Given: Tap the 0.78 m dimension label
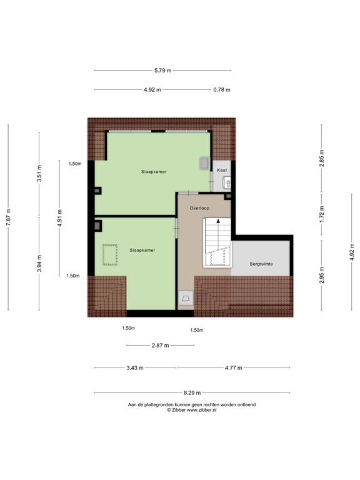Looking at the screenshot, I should click(221, 90).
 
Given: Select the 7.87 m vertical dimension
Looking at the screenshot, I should click(9, 218).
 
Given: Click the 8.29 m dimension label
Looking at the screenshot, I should click(192, 393).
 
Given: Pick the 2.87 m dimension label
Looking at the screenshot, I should click(161, 345).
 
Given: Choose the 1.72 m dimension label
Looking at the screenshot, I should click(322, 214).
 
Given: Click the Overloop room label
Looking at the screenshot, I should click(200, 207).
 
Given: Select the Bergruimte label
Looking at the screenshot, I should click(261, 264).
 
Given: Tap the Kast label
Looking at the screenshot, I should click(222, 170).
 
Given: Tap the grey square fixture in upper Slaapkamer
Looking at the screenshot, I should click(204, 162).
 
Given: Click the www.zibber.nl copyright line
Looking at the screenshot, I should click(192, 411).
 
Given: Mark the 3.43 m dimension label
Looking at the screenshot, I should click(134, 368).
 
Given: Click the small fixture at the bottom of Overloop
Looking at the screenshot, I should click(186, 299).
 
